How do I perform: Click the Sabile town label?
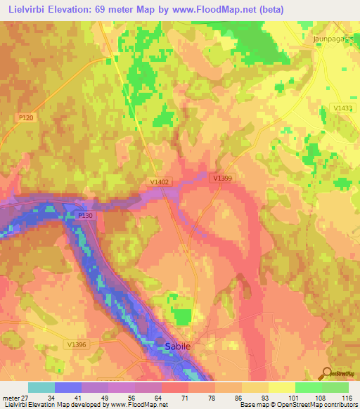point(178,346)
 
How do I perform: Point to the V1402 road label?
point(160,181)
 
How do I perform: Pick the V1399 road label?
point(223,178)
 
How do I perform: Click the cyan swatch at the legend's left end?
point(41,387)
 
